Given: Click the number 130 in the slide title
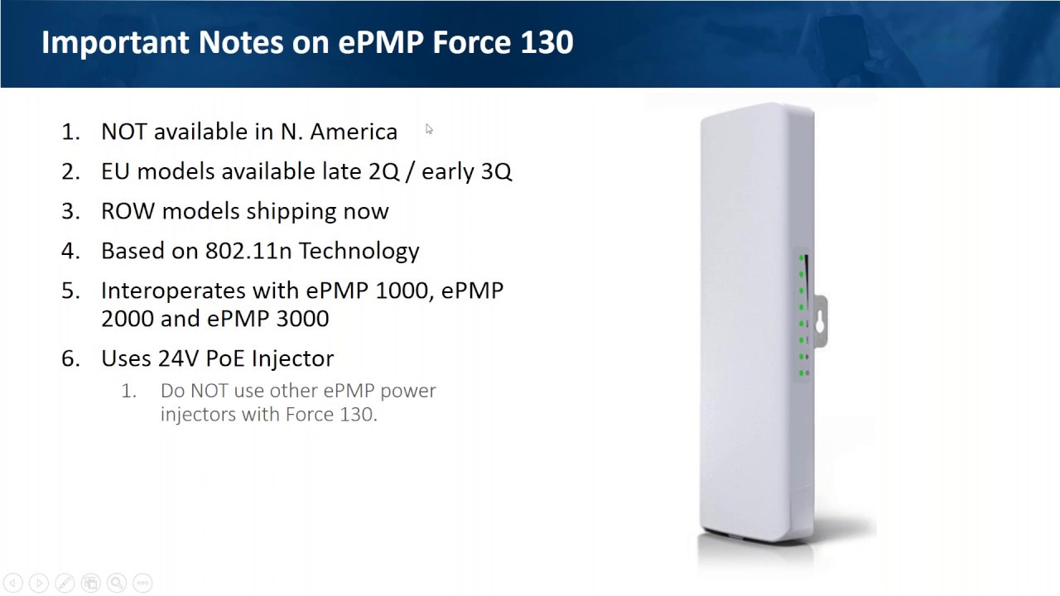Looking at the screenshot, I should [x=547, y=43].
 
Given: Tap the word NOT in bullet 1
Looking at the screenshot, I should [x=123, y=132].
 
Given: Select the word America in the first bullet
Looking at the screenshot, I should [x=354, y=132].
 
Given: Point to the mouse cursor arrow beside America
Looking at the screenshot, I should [x=429, y=129].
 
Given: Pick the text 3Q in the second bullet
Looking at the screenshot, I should [x=496, y=171].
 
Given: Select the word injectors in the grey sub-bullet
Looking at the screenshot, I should [x=197, y=414].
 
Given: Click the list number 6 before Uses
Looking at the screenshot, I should [x=70, y=358].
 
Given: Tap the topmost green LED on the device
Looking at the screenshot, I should [x=802, y=259].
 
